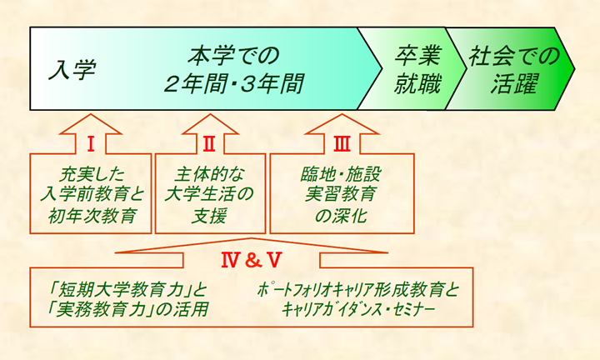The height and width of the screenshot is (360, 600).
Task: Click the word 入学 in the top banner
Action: click(x=72, y=70)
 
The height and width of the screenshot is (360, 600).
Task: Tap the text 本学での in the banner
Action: click(x=234, y=56)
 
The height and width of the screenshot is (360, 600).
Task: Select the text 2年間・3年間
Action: click(x=234, y=84)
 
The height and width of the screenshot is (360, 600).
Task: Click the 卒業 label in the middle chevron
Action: click(x=418, y=56)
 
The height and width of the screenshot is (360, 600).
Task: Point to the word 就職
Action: click(x=417, y=84)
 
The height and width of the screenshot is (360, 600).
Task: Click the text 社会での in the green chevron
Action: click(x=514, y=56)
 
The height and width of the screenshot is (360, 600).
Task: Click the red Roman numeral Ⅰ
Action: click(x=91, y=145)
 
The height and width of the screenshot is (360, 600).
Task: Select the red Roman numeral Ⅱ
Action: click(x=209, y=145)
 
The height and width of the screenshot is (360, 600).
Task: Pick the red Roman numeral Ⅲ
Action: click(x=342, y=145)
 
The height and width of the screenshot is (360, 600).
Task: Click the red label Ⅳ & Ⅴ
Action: click(x=252, y=260)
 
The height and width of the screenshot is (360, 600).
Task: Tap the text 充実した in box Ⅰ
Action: click(x=92, y=175)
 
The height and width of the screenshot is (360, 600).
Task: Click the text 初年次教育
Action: click(x=92, y=216)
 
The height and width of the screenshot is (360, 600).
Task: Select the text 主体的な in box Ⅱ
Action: click(x=209, y=175)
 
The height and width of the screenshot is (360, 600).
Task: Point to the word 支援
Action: click(x=209, y=216)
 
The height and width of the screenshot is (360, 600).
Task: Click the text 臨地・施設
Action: click(x=341, y=175)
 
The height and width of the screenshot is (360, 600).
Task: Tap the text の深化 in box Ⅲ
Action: click(x=341, y=216)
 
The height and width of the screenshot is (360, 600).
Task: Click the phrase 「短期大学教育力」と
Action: click(x=127, y=290)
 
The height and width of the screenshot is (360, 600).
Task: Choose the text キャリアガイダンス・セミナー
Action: click(x=358, y=309)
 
